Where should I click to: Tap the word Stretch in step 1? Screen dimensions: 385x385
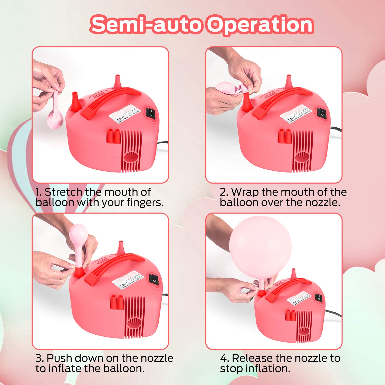coord(63,192)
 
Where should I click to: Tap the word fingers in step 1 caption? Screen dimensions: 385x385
coord(145,203)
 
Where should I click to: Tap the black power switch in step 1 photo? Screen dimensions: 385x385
coord(151,113)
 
